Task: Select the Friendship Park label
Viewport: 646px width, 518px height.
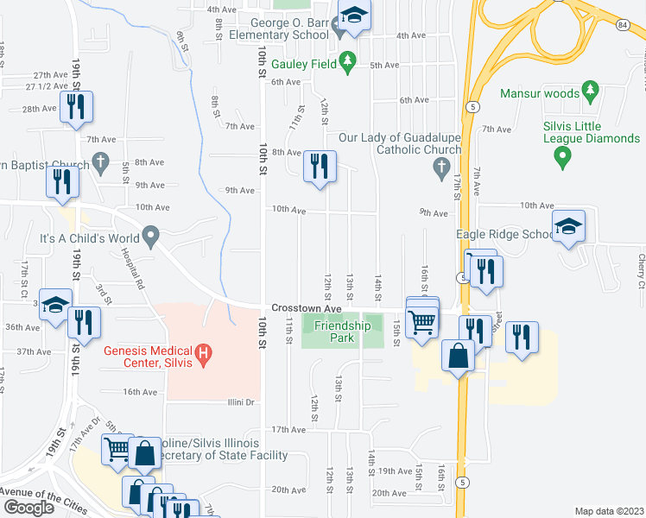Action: (x=342, y=332)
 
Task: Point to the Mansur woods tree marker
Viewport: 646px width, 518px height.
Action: (x=591, y=90)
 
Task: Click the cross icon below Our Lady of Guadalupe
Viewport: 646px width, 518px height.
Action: (x=440, y=165)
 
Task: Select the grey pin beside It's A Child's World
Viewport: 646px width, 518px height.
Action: (x=152, y=235)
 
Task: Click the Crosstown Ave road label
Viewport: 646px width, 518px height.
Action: (x=307, y=308)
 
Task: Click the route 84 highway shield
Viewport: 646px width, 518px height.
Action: (x=623, y=24)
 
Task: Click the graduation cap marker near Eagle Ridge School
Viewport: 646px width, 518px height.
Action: (x=568, y=226)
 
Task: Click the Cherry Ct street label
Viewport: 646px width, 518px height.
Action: (x=642, y=271)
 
